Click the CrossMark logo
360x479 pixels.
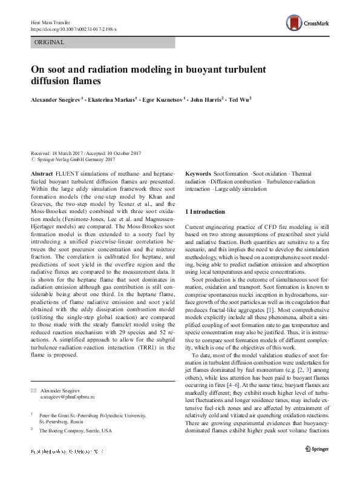pyautogui.click(x=310, y=22)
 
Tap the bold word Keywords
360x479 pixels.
pyautogui.click(x=198, y=173)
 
